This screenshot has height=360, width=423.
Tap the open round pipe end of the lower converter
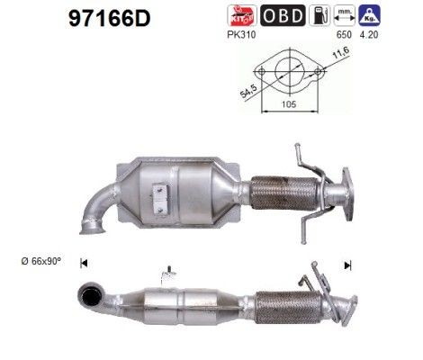(92, 294)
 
